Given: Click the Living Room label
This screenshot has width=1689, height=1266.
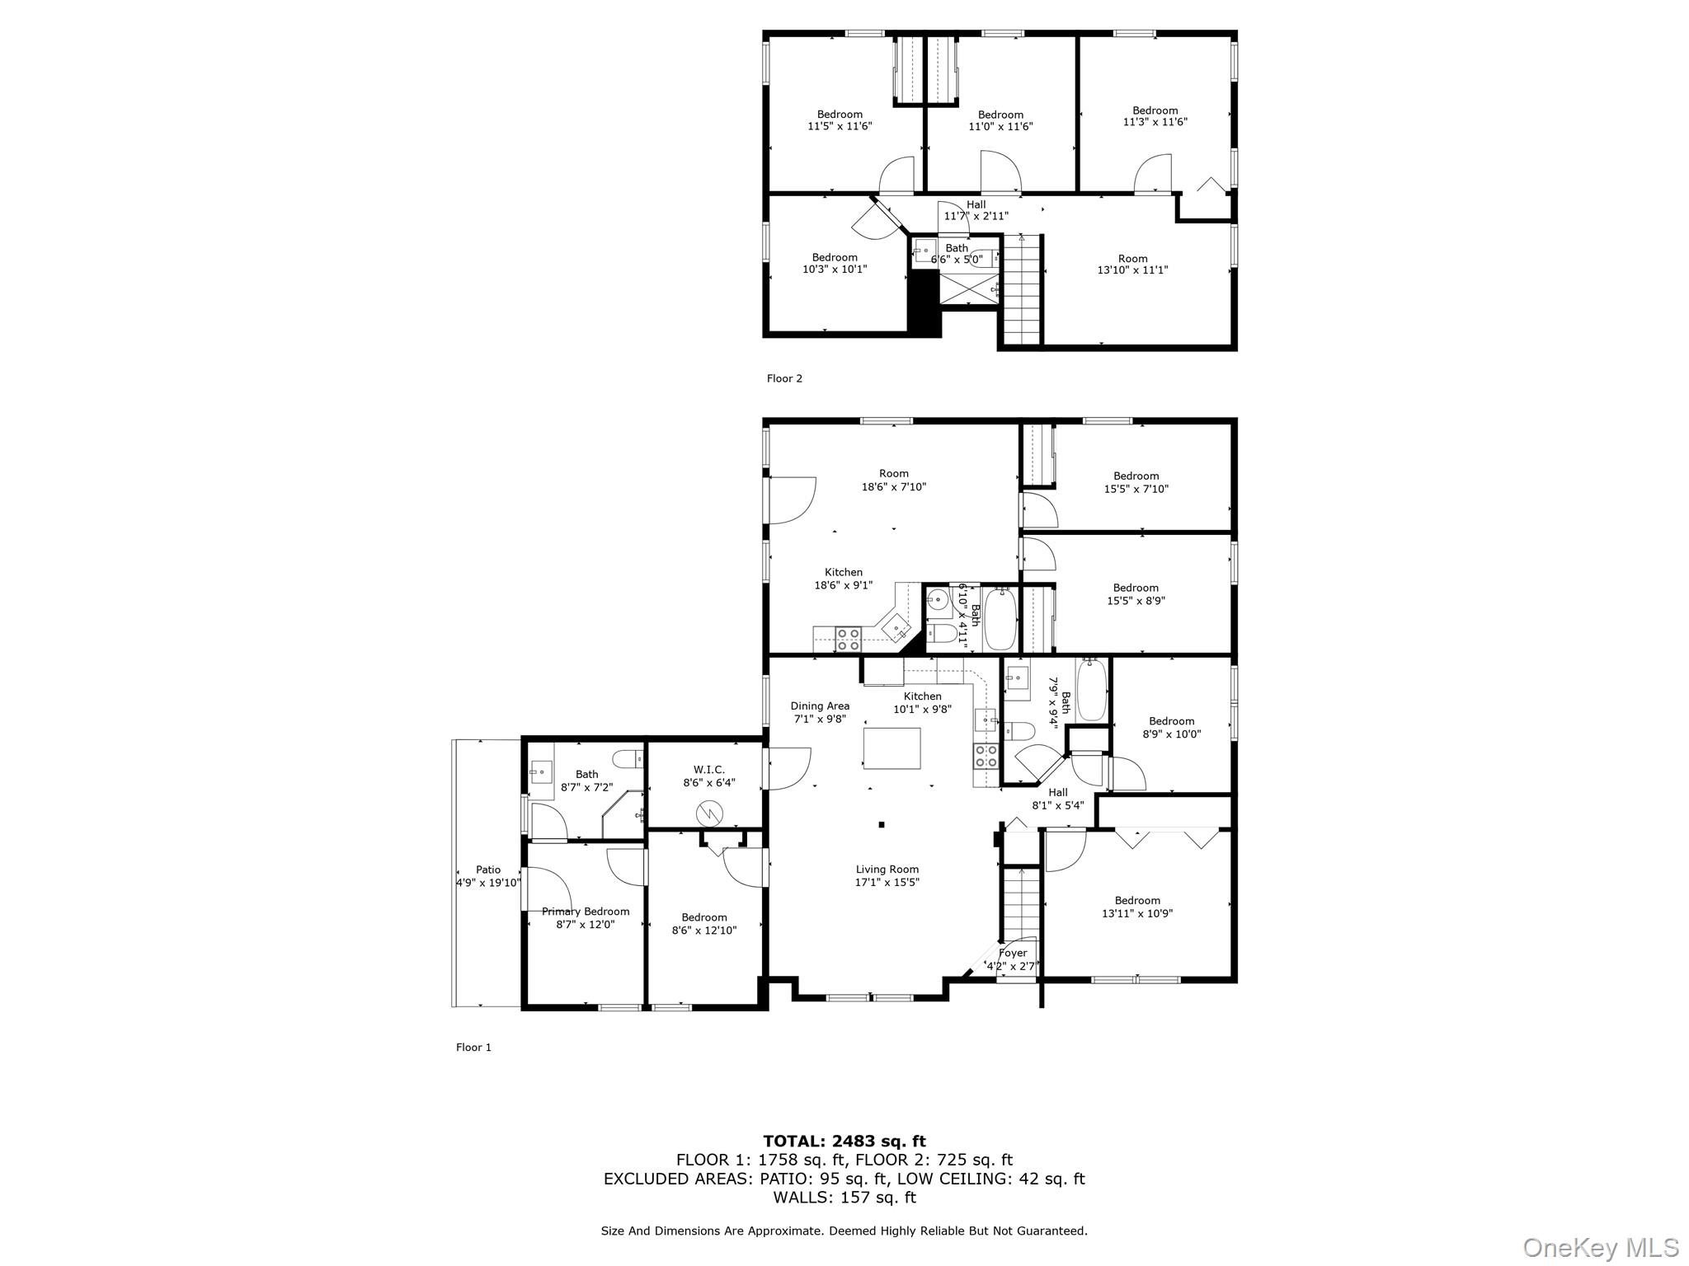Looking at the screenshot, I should (x=887, y=869).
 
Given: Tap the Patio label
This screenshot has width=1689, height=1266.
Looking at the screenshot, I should (x=488, y=870).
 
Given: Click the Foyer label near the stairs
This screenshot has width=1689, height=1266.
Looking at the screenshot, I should (x=1013, y=953).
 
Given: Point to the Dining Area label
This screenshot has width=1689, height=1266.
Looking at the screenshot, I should (x=819, y=706).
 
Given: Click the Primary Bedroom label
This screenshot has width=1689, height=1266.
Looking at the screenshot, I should (x=586, y=911).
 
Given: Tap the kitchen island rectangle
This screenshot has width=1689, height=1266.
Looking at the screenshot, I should (x=892, y=748).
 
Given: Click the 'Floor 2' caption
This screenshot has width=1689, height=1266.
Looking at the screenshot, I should (x=784, y=378).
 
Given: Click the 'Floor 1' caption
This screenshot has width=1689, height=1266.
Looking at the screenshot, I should (x=473, y=1047).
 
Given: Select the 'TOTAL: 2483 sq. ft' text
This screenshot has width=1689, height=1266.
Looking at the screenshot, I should (x=844, y=1141).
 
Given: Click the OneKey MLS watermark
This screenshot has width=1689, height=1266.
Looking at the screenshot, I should (x=1600, y=1248).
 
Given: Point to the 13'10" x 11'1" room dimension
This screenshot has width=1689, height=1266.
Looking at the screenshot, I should (x=1132, y=270).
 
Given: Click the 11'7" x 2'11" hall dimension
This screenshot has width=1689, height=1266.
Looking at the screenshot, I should (x=976, y=216).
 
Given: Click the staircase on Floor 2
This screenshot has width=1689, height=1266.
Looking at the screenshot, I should (x=1023, y=288).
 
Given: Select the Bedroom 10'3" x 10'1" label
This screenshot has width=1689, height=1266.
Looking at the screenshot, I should (x=835, y=257).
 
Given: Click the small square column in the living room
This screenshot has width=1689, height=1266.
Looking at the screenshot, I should (x=882, y=824).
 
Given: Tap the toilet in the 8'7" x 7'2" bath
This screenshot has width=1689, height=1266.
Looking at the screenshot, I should (x=625, y=757).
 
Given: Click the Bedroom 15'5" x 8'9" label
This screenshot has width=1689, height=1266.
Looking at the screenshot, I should (x=1136, y=588).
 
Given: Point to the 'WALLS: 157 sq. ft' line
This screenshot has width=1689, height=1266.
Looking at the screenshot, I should (x=844, y=1198).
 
